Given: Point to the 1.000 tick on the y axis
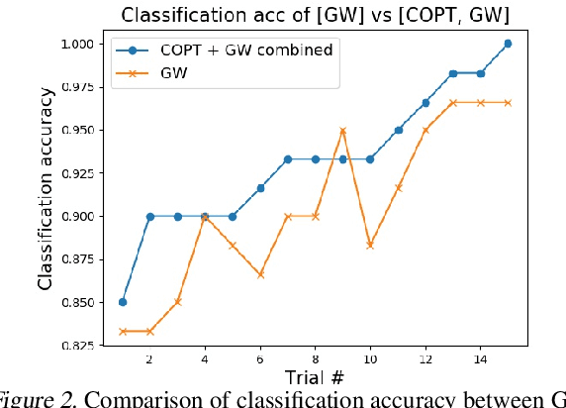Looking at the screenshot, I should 75,45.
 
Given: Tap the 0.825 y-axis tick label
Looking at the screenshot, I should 75,346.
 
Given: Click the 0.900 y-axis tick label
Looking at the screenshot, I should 75,216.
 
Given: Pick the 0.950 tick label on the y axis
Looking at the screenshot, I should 75,131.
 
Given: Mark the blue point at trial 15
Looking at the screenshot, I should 508,44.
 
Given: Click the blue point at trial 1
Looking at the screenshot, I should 122,302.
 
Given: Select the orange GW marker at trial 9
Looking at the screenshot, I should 342,131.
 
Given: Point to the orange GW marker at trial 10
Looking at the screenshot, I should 370,245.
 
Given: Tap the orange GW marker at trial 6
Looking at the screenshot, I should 259,274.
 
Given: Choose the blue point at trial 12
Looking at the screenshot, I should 425,103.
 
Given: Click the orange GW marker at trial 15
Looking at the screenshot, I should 508,103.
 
